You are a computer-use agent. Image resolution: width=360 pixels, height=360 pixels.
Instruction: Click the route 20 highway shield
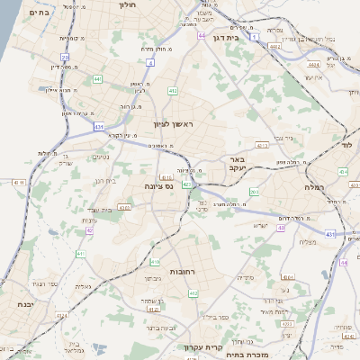[65, 57]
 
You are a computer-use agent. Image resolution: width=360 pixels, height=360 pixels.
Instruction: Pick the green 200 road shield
[254, 192]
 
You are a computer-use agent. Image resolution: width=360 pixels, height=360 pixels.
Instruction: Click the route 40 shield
[281, 229]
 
